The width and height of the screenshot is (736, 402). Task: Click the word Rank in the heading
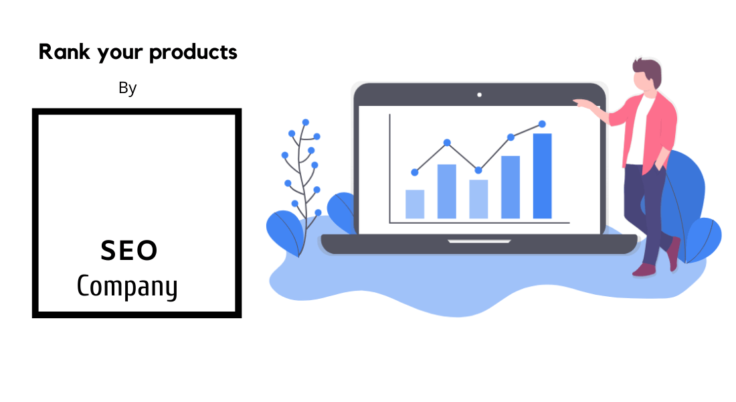(x=64, y=52)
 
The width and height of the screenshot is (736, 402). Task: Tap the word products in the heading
(x=193, y=53)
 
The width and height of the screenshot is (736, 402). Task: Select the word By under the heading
(x=127, y=88)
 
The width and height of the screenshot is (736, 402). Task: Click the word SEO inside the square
(x=129, y=250)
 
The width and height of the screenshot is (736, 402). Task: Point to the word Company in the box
(x=127, y=286)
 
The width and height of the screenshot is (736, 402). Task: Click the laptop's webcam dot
(x=479, y=95)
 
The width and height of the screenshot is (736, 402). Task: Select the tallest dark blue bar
(x=542, y=176)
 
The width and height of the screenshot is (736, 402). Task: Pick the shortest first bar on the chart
(x=415, y=204)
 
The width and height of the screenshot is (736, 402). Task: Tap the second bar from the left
(x=447, y=192)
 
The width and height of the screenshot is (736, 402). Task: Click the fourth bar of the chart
(x=511, y=187)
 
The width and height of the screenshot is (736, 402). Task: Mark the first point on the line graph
(x=414, y=173)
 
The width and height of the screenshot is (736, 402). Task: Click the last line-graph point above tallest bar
(x=542, y=124)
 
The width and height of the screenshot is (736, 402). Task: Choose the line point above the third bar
(x=478, y=170)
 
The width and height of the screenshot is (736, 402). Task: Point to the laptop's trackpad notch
(x=479, y=241)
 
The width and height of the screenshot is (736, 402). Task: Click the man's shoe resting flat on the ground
(x=644, y=270)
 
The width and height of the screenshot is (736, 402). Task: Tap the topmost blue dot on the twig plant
(x=306, y=122)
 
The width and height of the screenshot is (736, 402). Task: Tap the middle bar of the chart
(x=479, y=199)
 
